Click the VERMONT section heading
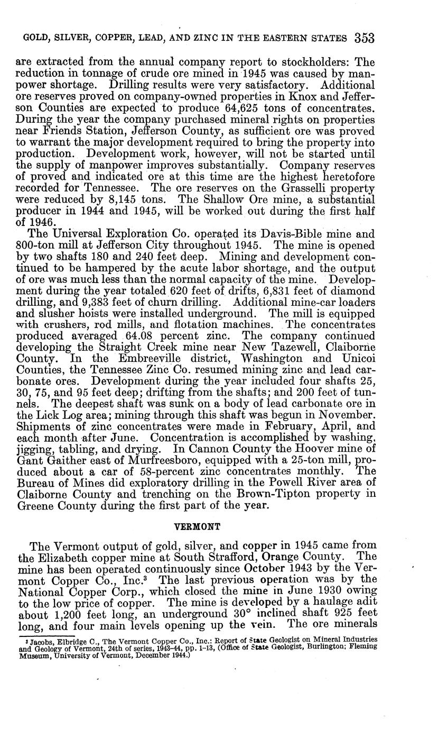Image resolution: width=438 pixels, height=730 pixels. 197,527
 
